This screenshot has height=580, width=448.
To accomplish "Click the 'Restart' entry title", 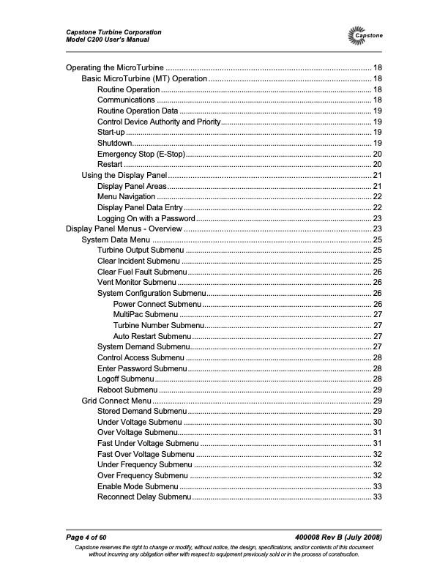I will (110, 166).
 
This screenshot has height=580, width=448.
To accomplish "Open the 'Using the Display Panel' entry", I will (124, 176).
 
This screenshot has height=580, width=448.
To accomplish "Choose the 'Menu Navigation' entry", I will (126, 196).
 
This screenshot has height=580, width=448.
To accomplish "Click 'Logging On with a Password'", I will (146, 218).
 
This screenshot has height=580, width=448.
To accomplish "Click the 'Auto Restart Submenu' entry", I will (152, 336).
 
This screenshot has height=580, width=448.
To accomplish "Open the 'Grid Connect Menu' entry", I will (116, 401).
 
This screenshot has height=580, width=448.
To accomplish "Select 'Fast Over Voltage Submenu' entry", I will (146, 454).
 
